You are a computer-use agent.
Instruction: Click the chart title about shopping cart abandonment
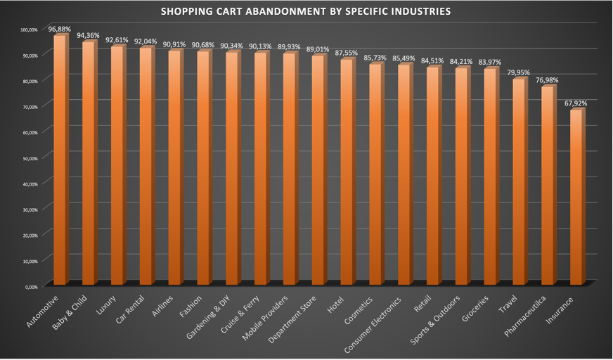pyautogui.click(x=306, y=12)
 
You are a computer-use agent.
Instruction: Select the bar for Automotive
pyautogui.click(x=60, y=162)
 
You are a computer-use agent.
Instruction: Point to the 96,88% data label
pyautogui.click(x=59, y=30)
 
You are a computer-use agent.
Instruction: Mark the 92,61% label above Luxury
pyautogui.click(x=117, y=40)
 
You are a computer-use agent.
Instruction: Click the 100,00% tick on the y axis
pyautogui.click(x=29, y=30)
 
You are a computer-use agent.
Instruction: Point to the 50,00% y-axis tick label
pyautogui.click(x=30, y=157)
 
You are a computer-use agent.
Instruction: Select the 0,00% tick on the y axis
pyautogui.click(x=31, y=286)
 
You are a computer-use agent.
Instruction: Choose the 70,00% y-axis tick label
pyautogui.click(x=30, y=106)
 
